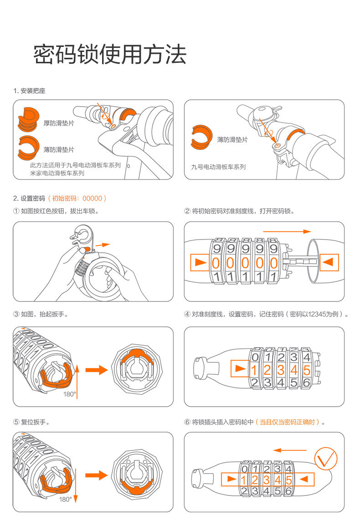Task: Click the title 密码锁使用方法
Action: pos(110,54)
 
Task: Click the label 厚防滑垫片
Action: pos(59,123)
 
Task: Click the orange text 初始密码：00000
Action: pos(77,199)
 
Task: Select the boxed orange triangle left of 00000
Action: pos(200,262)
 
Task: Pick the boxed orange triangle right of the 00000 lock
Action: pos(329,262)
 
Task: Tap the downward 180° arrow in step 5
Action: pos(76,485)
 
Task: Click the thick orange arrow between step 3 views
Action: pos(97,369)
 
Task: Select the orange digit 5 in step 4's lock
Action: pos(307,370)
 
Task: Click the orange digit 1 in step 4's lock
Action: pos(254,370)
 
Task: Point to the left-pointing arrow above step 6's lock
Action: pos(290,450)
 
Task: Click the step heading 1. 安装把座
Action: pos(29,91)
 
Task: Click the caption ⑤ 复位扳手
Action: pos(31,422)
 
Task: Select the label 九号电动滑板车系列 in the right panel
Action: pos(218,167)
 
